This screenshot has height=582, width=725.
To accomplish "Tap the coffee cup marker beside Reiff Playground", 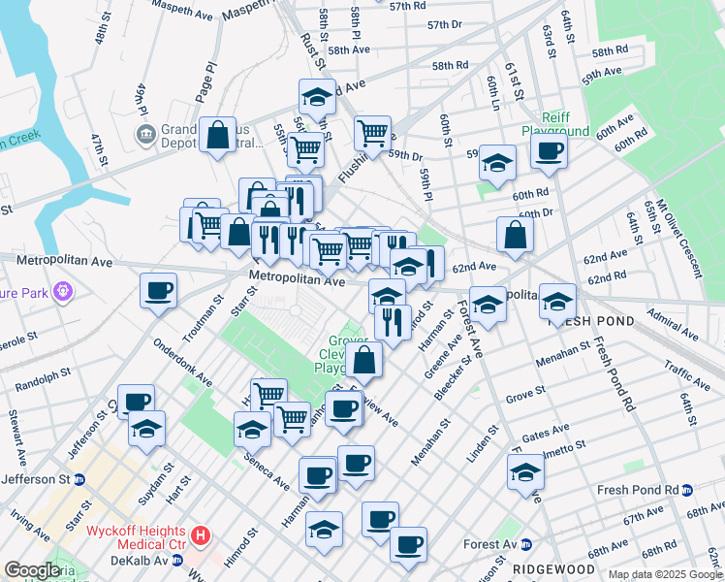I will pos(549,151).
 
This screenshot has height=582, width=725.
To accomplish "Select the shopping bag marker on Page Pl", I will pos(218,135).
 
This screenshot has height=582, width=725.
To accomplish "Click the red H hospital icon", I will pos(200,534).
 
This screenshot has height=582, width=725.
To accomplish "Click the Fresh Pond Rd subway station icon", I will pos(688,490).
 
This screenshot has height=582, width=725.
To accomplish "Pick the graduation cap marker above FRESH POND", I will pos(557,301).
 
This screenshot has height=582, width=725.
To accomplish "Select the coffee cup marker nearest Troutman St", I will pos(158,290).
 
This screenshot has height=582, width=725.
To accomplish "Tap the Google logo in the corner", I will pos(32,570).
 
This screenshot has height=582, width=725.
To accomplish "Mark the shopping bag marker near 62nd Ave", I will pos(515,234).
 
